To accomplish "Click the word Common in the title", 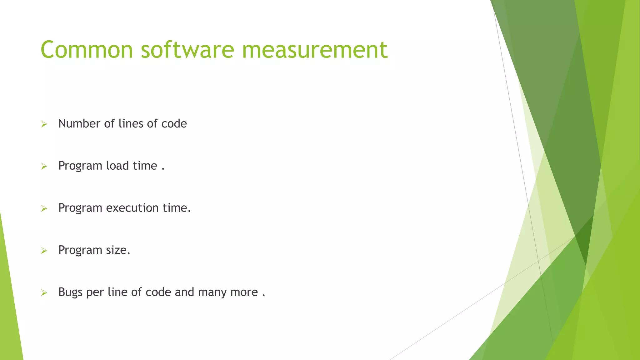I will pos(87,50).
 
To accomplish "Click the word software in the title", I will pos(187,50).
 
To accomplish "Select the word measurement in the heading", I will pos(314,50).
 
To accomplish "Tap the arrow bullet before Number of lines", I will pos(44,124).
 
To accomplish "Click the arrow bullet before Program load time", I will pos(44,167).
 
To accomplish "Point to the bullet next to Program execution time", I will pos(44,208).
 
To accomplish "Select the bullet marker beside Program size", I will pos(44,251).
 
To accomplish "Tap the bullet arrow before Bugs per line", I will pos(44,293).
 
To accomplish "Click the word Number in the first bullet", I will pos(79,124).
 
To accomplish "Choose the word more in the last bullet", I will pos(244,292).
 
